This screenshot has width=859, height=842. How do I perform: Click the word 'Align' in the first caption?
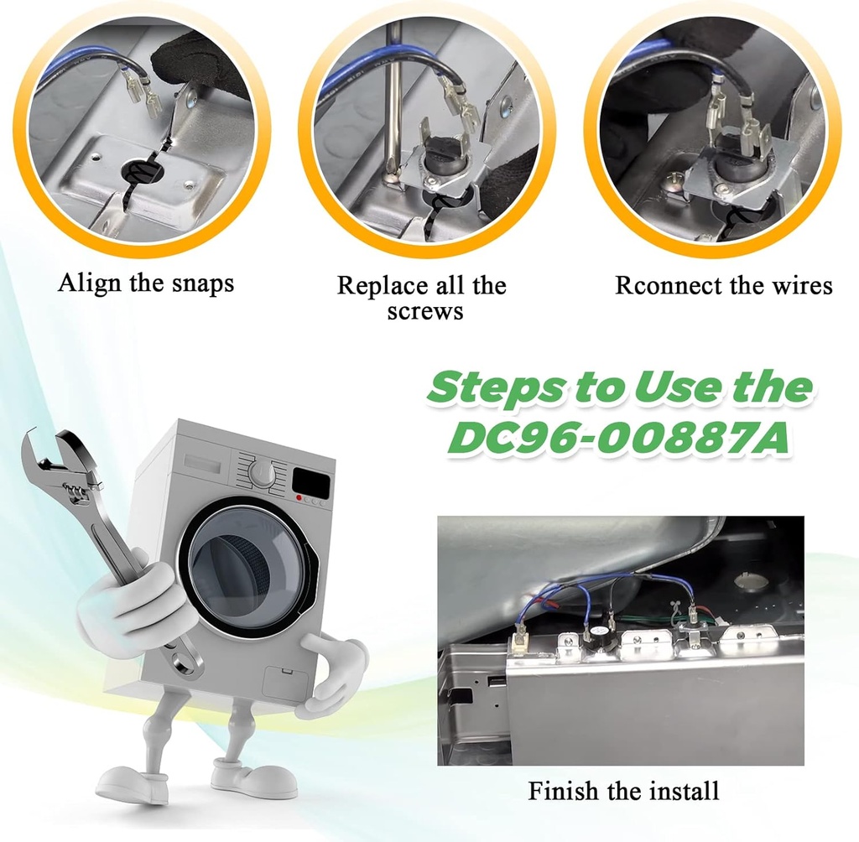pyautogui.click(x=90, y=283)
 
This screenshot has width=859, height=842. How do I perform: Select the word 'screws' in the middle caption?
pyautogui.click(x=425, y=311)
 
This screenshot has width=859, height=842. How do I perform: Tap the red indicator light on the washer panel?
pyautogui.click(x=299, y=498)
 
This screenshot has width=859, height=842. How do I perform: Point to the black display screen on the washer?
pyautogui.click(x=311, y=481)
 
